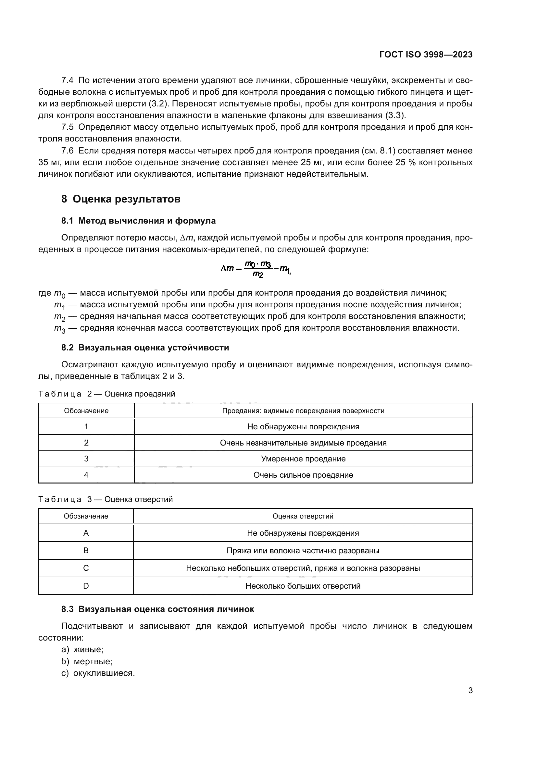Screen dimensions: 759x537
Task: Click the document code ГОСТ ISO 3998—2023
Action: point(426,55)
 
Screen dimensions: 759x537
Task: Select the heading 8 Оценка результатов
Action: point(121,199)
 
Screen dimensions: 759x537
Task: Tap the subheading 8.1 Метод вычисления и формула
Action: point(138,221)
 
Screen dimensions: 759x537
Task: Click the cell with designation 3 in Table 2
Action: point(86,459)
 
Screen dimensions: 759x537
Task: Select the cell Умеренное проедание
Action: point(303,459)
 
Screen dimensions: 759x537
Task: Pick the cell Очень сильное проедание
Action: point(303,475)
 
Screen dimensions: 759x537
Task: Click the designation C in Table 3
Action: point(86,568)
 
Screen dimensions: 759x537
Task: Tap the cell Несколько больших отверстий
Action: point(303,586)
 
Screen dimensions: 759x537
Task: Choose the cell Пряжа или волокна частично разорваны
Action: point(303,551)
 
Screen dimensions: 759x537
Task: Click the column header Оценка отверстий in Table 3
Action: point(303,516)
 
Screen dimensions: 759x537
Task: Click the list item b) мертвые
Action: point(87,661)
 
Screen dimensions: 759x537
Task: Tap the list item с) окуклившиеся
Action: point(98,673)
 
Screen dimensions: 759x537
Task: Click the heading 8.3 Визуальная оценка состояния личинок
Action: point(158,609)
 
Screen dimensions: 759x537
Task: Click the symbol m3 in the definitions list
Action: point(59,329)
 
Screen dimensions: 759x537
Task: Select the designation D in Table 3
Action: point(86,586)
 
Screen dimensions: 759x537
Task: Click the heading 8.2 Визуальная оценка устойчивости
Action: point(145,348)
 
